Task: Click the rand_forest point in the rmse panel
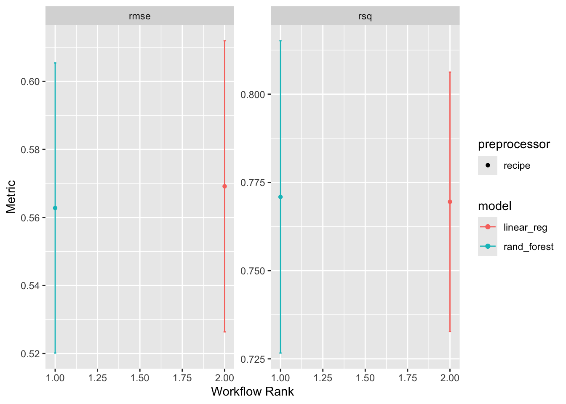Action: point(55,208)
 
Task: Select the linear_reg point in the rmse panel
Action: point(224,186)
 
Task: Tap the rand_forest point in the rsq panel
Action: point(280,197)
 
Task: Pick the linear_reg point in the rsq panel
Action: point(450,202)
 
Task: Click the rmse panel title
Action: point(139,16)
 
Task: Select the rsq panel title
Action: point(365,16)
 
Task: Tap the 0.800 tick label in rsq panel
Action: point(253,95)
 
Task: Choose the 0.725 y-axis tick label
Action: point(253,359)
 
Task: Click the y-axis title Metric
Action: point(11,197)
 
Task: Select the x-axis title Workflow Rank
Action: point(252,392)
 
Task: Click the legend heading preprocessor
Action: point(514,144)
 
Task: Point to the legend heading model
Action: point(495,206)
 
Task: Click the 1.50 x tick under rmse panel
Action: point(140,378)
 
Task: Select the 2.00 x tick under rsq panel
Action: point(450,378)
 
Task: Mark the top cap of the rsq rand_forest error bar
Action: point(280,41)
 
